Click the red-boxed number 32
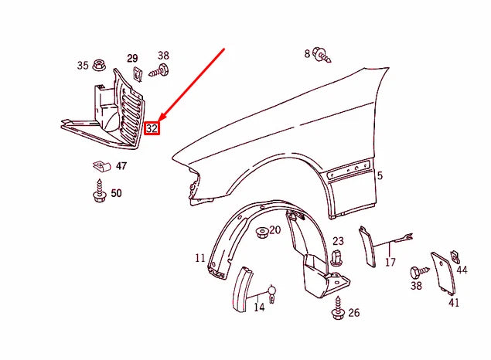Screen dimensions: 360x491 coord(152,128)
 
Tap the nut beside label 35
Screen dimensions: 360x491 coord(101,65)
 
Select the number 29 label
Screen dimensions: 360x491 coord(132,59)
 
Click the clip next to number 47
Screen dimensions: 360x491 coord(99,165)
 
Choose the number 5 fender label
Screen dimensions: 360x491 coord(380,176)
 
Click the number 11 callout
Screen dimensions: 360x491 coord(200,258)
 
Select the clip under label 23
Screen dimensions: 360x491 coord(336,258)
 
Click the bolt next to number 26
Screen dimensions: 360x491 coord(338,312)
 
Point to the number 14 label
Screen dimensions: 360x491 coord(259,307)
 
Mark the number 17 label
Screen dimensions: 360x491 coord(390,263)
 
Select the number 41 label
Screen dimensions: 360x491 coord(453,302)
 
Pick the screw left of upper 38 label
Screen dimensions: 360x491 coord(155,72)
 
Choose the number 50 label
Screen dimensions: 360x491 coord(116,193)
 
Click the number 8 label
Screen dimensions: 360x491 coord(307,53)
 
